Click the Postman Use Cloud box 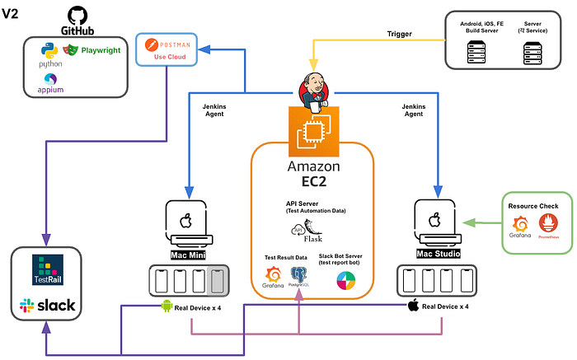click(x=168, y=52)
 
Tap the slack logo click(x=46, y=306)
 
